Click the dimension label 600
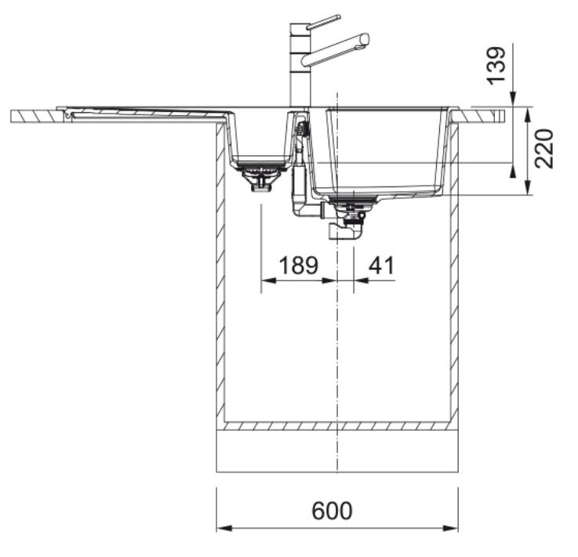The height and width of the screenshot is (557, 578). pyautogui.click(x=332, y=510)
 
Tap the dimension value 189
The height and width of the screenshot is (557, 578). pyautogui.click(x=298, y=265)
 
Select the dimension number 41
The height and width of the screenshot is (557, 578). pyautogui.click(x=381, y=265)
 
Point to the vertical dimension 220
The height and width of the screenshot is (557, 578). pyautogui.click(x=544, y=149)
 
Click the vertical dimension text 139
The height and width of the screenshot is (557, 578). pyautogui.click(x=496, y=65)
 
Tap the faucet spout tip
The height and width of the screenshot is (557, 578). pyautogui.click(x=365, y=38)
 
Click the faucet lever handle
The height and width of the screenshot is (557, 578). pyautogui.click(x=324, y=21)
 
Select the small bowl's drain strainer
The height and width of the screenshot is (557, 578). pyautogui.click(x=261, y=176)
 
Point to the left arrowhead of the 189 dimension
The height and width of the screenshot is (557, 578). pyautogui.click(x=268, y=280)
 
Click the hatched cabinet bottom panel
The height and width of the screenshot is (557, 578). pyautogui.click(x=337, y=426)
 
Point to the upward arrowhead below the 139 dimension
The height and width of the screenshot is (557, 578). pyautogui.click(x=513, y=171)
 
